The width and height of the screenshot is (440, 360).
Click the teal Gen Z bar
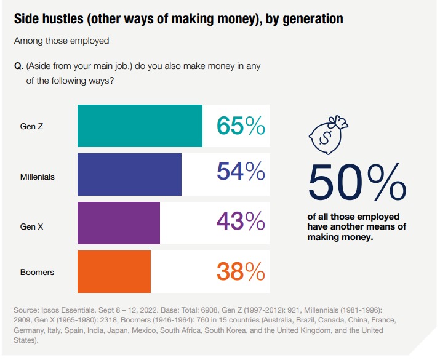tap(140, 126)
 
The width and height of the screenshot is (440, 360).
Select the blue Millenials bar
tap(129, 174)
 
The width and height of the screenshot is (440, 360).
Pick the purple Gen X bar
tap(119, 223)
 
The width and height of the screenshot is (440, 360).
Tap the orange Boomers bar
tap(114, 271)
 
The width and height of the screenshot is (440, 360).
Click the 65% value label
tap(241, 126)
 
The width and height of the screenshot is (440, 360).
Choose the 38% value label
tap(241, 271)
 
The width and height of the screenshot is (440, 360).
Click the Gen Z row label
tap(31, 127)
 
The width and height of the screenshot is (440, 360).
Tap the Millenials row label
tap(37, 177)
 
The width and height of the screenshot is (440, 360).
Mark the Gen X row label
tap(31, 226)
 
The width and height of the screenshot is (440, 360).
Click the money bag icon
tap(328, 135)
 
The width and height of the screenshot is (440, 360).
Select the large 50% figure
tap(357, 182)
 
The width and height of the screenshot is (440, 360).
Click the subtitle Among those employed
tap(61, 41)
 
